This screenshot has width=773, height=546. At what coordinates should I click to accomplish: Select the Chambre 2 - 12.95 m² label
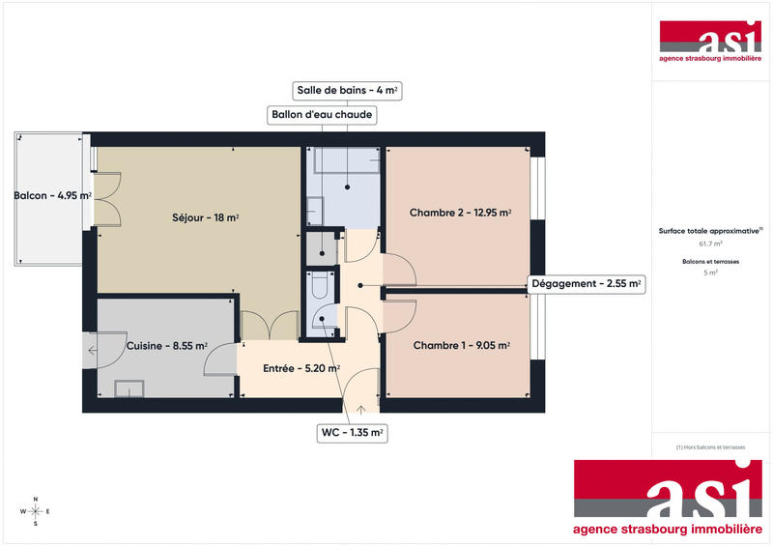pos(460,213)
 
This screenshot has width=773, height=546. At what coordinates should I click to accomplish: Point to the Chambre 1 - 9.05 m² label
pos(461,345)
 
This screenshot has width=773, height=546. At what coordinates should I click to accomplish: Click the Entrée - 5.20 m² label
pos(301,368)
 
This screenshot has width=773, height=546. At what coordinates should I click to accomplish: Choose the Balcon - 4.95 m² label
pos(52,196)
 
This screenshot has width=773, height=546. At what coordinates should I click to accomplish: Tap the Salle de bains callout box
pos(347,91)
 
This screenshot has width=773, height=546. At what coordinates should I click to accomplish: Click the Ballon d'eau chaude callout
pos(320,115)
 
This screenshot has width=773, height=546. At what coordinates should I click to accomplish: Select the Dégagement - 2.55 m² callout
pos(587,284)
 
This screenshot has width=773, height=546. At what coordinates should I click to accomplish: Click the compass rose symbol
pos(35,511)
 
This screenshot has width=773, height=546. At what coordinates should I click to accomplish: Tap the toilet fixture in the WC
pos(320,287)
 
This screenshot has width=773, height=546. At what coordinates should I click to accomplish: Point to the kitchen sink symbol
pos(129,388)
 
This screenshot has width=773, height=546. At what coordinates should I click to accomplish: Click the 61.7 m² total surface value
pos(711,244)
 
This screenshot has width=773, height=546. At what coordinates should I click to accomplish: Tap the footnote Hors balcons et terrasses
pos(711,446)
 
